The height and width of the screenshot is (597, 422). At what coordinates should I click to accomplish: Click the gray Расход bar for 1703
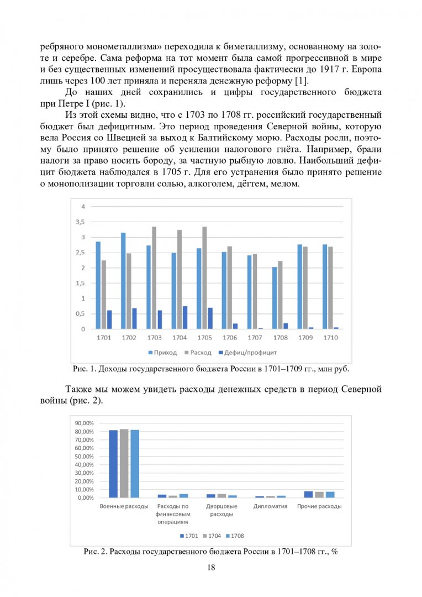[154, 278]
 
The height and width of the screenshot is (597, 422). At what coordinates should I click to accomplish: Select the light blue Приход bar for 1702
[123, 281]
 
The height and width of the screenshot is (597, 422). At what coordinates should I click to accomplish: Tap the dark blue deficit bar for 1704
[185, 318]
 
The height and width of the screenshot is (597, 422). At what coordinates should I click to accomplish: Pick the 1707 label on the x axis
[255, 337]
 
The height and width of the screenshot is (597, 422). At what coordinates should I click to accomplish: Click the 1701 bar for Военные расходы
[113, 464]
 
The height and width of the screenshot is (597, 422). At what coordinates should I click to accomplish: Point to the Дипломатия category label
[270, 506]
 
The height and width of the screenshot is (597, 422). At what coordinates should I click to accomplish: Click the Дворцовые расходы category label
[221, 510]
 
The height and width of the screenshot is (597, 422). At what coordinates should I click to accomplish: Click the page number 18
[211, 568]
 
